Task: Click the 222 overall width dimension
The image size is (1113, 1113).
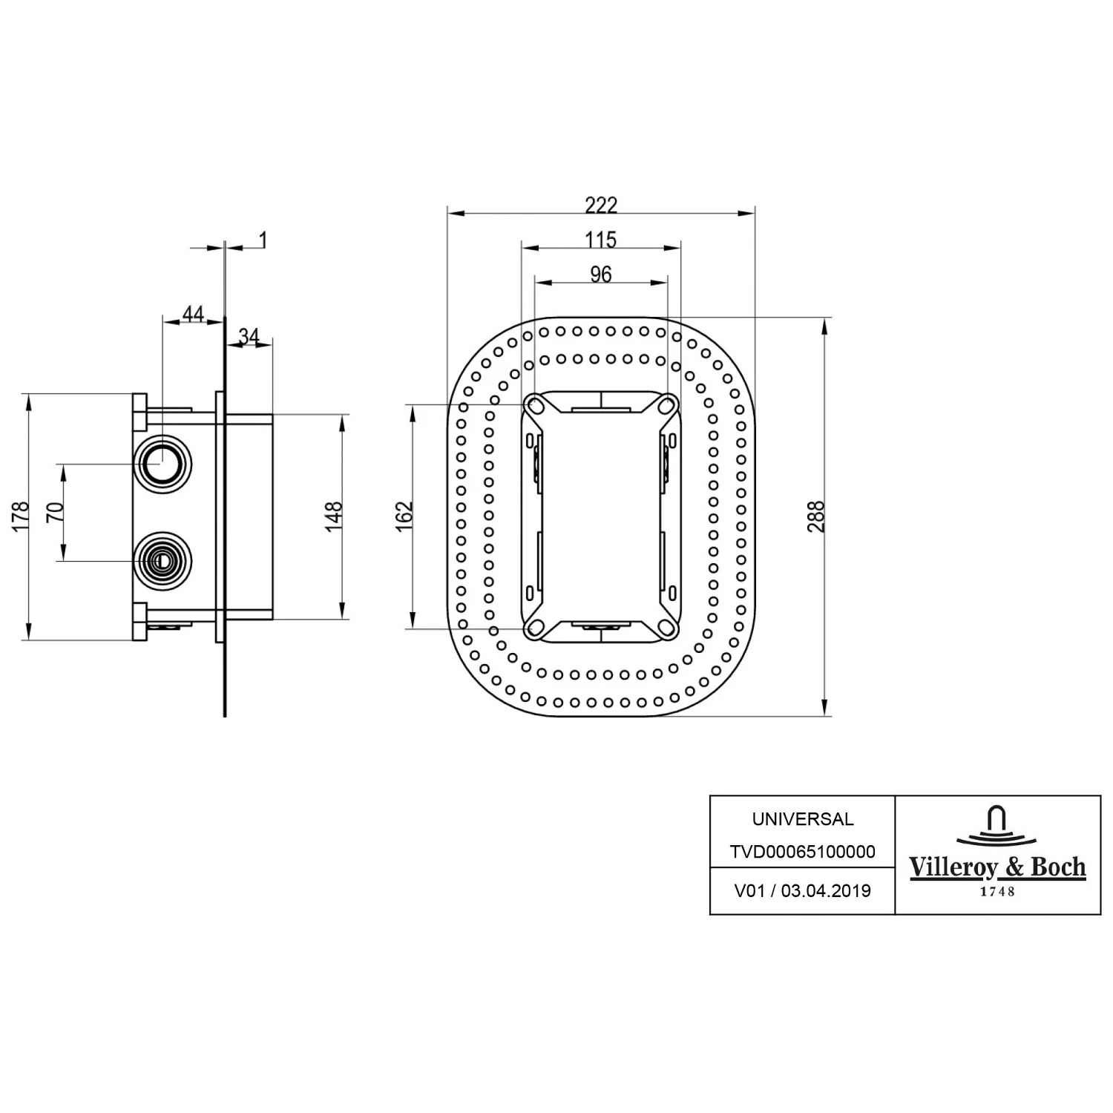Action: click(600, 204)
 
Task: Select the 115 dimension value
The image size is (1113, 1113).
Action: click(600, 239)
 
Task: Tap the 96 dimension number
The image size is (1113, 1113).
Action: click(601, 274)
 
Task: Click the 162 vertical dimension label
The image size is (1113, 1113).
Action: click(404, 516)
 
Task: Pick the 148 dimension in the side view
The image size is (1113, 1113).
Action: click(335, 516)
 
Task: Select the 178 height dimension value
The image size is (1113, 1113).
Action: click(21, 516)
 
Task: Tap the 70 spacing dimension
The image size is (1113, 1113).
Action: click(56, 513)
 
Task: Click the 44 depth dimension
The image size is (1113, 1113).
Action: click(193, 313)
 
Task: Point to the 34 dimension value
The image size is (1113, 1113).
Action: click(249, 336)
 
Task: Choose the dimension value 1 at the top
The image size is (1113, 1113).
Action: click(263, 239)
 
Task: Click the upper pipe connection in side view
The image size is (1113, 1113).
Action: click(162, 464)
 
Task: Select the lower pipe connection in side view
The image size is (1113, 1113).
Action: click(162, 561)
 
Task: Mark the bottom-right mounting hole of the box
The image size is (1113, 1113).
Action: click(668, 628)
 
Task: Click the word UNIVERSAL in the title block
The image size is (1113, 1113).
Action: click(803, 819)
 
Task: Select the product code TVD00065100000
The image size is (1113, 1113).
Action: click(802, 852)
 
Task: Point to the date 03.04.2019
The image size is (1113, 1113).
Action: click(826, 891)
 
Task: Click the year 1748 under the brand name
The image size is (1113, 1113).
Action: click(998, 892)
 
